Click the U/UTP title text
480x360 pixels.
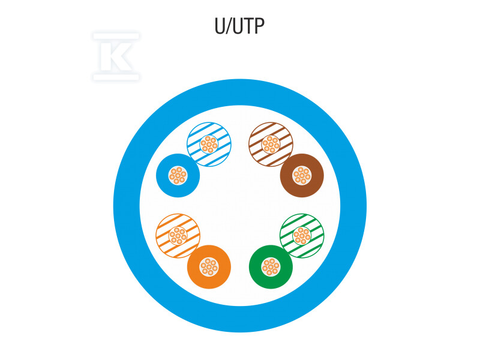[240, 26]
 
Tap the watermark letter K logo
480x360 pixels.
[116, 56]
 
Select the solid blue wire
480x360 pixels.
[165, 176]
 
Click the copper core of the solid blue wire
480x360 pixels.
[178, 176]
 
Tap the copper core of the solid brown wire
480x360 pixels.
[302, 176]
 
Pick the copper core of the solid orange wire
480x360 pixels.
[209, 266]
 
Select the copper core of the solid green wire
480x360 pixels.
[271, 266]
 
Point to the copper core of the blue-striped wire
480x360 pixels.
[209, 145]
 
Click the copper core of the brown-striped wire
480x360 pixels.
[271, 145]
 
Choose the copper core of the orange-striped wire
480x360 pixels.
[178, 236]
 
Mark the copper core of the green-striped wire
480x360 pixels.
[302, 236]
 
